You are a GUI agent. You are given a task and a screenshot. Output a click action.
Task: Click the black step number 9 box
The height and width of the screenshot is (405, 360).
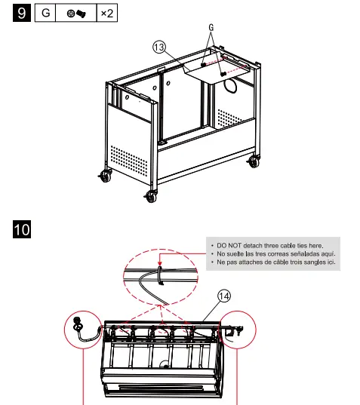(23, 14)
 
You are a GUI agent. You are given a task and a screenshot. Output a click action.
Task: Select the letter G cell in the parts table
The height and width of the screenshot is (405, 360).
(47, 14)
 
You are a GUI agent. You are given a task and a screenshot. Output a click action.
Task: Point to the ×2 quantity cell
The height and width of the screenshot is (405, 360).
(106, 14)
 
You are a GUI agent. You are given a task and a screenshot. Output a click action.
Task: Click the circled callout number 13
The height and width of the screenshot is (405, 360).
(158, 47)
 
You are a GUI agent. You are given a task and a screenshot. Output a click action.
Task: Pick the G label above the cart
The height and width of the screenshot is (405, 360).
(212, 26)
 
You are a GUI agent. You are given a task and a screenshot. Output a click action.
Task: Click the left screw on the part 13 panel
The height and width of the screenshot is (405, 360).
(203, 65)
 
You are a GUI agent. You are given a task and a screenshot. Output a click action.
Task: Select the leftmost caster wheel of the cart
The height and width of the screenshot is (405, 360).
(103, 177)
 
